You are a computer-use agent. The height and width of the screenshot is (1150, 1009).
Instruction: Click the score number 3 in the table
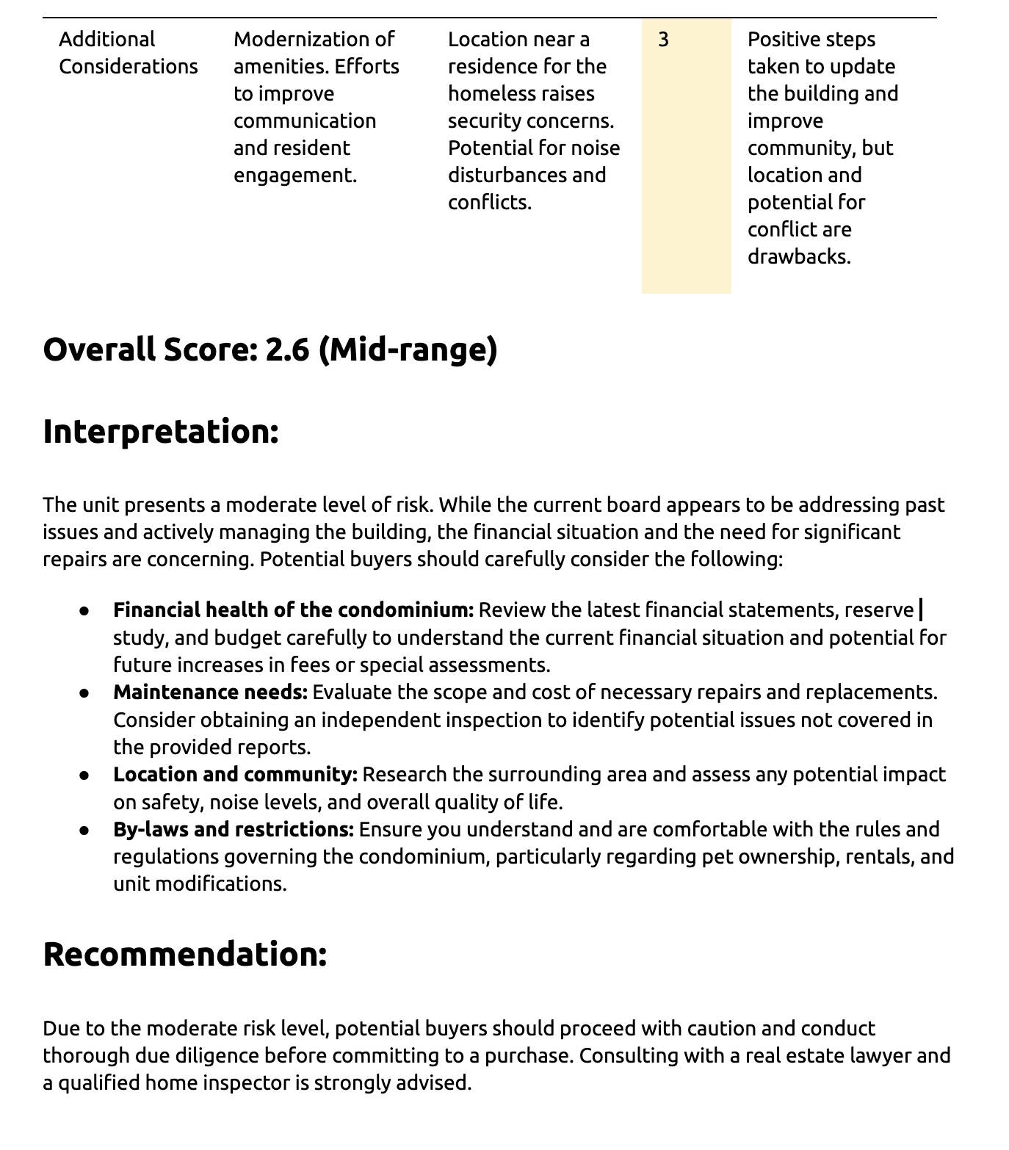click(x=663, y=40)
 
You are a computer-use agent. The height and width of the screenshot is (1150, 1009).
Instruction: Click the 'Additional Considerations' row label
click(x=128, y=53)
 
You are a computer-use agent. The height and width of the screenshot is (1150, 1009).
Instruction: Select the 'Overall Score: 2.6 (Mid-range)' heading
click(x=270, y=350)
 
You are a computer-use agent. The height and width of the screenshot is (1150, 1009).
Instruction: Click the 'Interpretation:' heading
click(x=161, y=431)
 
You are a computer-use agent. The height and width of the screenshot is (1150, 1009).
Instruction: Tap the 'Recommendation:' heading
click(x=184, y=954)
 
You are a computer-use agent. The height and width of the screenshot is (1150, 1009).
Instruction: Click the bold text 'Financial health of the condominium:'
click(x=293, y=610)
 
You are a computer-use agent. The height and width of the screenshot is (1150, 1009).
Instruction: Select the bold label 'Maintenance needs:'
click(x=210, y=692)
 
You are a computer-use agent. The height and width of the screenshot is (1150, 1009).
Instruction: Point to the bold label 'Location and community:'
click(x=235, y=775)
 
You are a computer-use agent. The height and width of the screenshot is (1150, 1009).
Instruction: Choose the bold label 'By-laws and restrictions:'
click(x=233, y=830)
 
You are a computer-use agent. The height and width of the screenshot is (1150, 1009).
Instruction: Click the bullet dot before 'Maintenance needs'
click(x=85, y=692)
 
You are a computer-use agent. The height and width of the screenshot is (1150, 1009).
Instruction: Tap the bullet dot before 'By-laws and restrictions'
click(x=85, y=830)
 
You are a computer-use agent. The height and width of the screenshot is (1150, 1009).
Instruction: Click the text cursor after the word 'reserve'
click(x=921, y=610)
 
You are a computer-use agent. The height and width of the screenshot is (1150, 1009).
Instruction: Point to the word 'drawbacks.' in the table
click(x=799, y=257)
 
